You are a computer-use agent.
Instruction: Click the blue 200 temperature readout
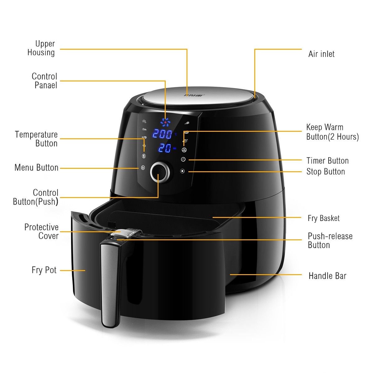(x=162, y=134)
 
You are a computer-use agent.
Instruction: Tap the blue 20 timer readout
(x=165, y=148)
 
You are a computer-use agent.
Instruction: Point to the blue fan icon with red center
(x=165, y=122)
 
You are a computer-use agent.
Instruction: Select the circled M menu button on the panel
(x=143, y=168)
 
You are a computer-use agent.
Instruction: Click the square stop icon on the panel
(x=182, y=171)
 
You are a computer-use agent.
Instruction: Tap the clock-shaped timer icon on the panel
(x=183, y=159)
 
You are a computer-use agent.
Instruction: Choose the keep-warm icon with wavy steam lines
(x=184, y=150)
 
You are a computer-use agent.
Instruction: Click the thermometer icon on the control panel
(x=144, y=156)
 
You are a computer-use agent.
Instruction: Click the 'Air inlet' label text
(x=321, y=54)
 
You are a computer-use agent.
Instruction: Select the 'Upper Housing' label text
(x=41, y=48)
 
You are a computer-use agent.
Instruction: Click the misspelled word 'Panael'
(x=46, y=85)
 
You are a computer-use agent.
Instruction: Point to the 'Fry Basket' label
(x=324, y=218)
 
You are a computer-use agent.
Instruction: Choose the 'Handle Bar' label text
(x=328, y=276)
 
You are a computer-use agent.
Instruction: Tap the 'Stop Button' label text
(x=326, y=172)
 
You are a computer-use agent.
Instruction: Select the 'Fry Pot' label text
(x=44, y=270)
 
